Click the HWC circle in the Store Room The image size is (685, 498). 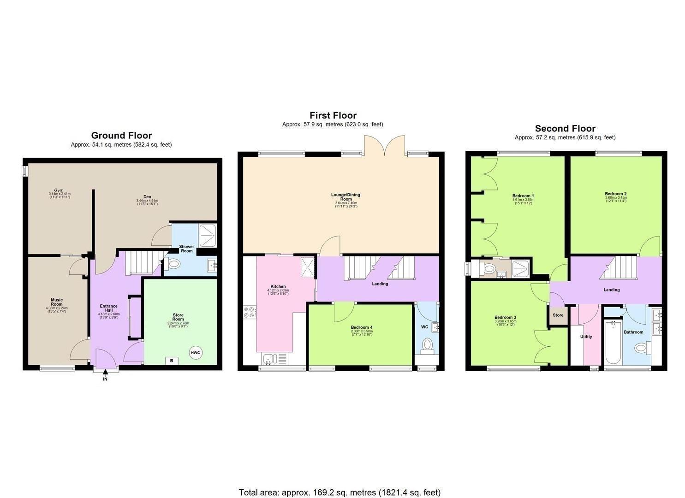click(196, 353)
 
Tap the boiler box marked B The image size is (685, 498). click(172, 361)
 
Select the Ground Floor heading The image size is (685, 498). click(121, 135)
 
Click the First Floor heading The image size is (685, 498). click(333, 115)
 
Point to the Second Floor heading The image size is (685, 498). click(565, 129)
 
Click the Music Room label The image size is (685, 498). click(57, 302)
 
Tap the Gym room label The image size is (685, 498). click(59, 190)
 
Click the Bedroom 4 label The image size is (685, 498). click(362, 327)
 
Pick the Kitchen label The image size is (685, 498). click(278, 286)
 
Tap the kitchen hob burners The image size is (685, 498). click(249, 312)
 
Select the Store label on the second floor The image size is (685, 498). click(558, 315)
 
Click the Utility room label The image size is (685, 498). click(586, 337)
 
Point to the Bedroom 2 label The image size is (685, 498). click(616, 194)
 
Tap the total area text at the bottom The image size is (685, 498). click(340, 492)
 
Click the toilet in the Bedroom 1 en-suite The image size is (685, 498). click(489, 268)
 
